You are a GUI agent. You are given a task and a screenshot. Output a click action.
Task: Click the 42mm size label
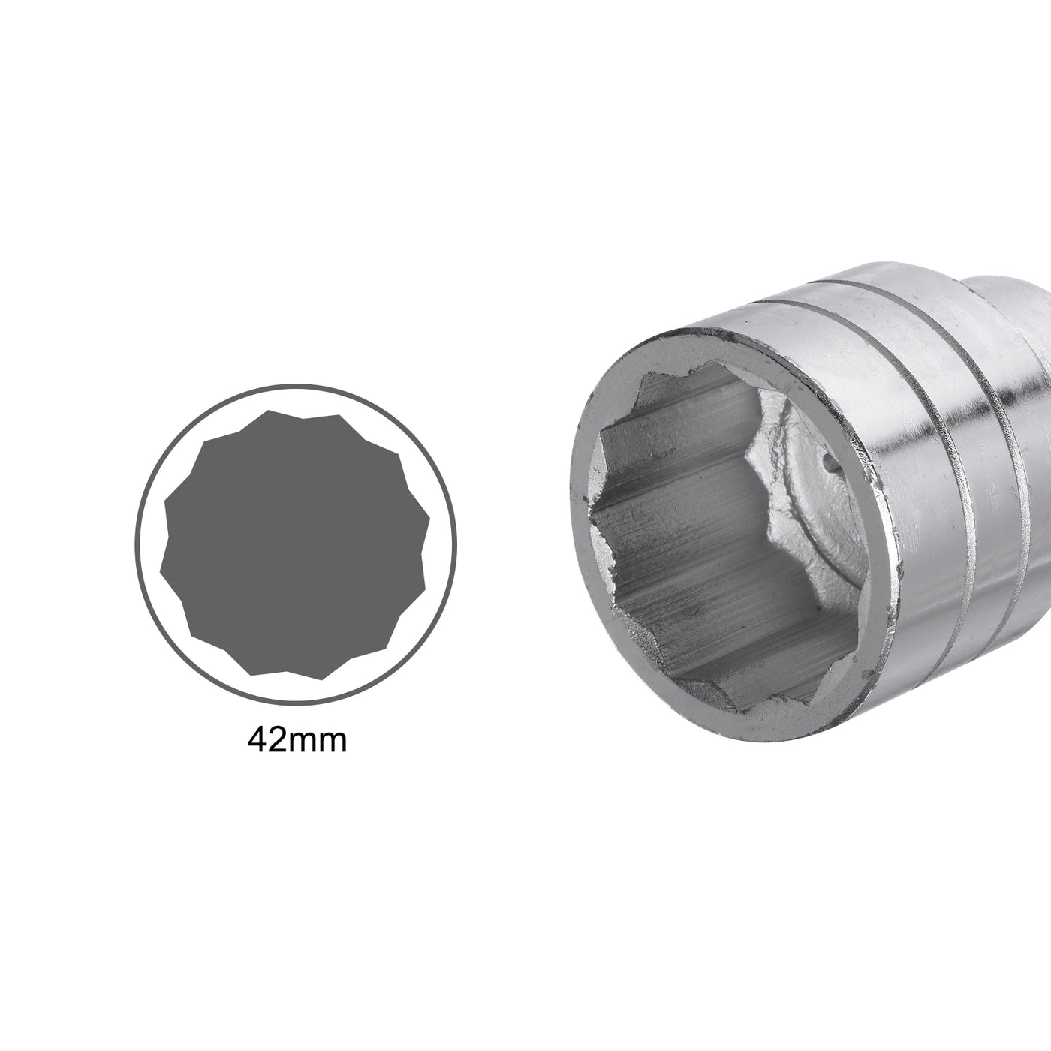point(297,741)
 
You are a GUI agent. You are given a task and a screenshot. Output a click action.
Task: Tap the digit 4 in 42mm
point(257,741)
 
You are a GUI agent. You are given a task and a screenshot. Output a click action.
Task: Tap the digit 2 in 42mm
point(279,741)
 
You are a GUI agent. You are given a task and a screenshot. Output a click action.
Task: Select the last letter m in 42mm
point(333,744)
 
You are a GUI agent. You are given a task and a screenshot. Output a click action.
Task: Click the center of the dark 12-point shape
point(295,545)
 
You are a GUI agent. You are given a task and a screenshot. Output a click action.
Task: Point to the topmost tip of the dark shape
point(268,410)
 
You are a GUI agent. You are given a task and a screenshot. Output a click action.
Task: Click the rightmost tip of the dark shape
point(429,518)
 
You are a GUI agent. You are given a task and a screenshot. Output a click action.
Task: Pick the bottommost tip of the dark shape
point(321,680)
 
